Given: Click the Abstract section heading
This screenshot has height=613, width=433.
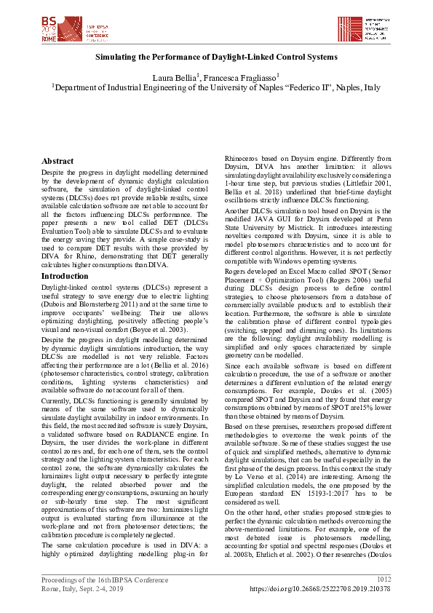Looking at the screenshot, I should point(57,161).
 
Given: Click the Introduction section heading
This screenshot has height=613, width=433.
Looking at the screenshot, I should point(65,276).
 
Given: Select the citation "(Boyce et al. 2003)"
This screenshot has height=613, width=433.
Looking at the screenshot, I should point(179,329).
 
